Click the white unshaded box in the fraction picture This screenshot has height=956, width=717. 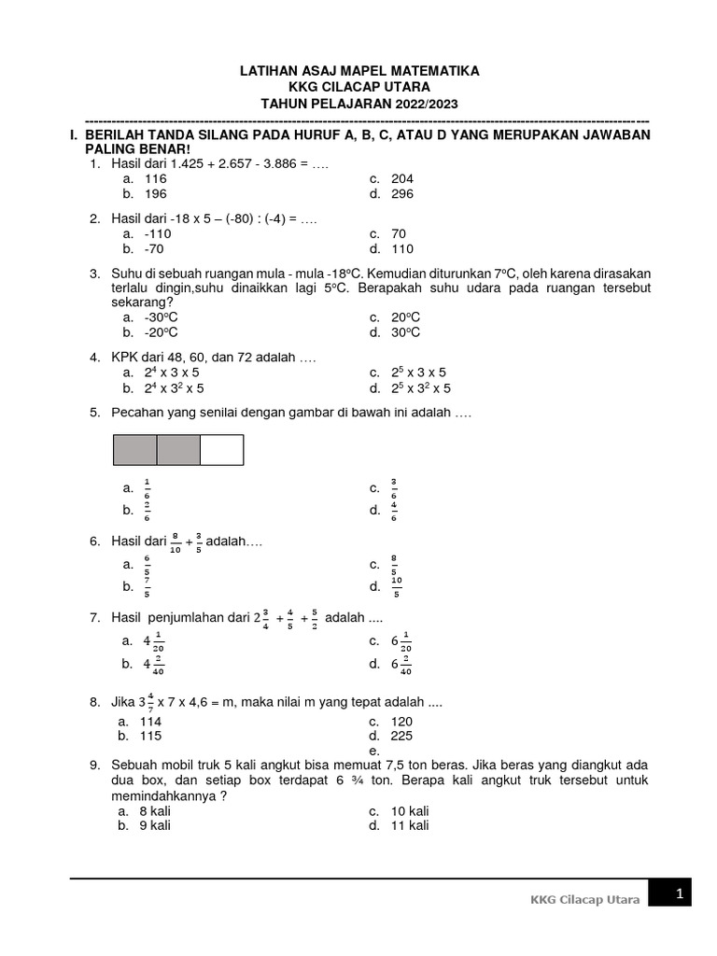click(221, 450)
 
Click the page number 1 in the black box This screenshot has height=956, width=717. click(681, 894)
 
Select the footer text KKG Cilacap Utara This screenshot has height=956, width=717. click(584, 900)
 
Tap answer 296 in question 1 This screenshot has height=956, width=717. click(402, 194)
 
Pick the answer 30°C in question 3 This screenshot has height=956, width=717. click(406, 332)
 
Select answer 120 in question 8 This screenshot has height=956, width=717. click(402, 722)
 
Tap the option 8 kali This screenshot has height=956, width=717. click(155, 810)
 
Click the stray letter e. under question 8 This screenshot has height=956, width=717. click(373, 751)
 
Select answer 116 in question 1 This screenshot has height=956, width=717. click(155, 178)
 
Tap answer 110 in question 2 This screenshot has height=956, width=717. click(402, 249)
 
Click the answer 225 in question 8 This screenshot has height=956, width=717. click(402, 736)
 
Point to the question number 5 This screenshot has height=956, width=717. click(94, 412)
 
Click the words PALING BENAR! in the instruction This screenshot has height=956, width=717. click(137, 149)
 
